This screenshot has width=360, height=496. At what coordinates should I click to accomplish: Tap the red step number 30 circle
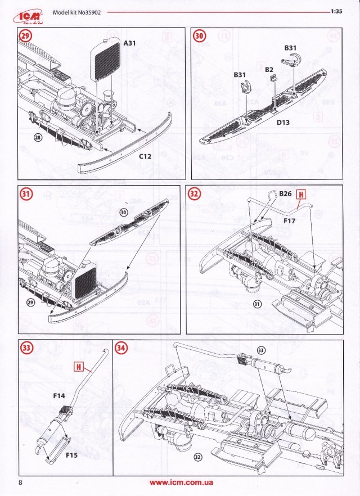[x=200, y=36]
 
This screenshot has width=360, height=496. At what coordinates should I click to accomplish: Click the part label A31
[x=130, y=43]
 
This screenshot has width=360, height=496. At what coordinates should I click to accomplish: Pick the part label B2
[x=269, y=69]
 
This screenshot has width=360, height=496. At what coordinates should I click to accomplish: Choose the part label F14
[x=59, y=396]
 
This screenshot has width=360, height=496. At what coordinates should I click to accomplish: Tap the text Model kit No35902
[x=76, y=11]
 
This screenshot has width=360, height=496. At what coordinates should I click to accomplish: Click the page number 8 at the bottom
[x=20, y=483]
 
